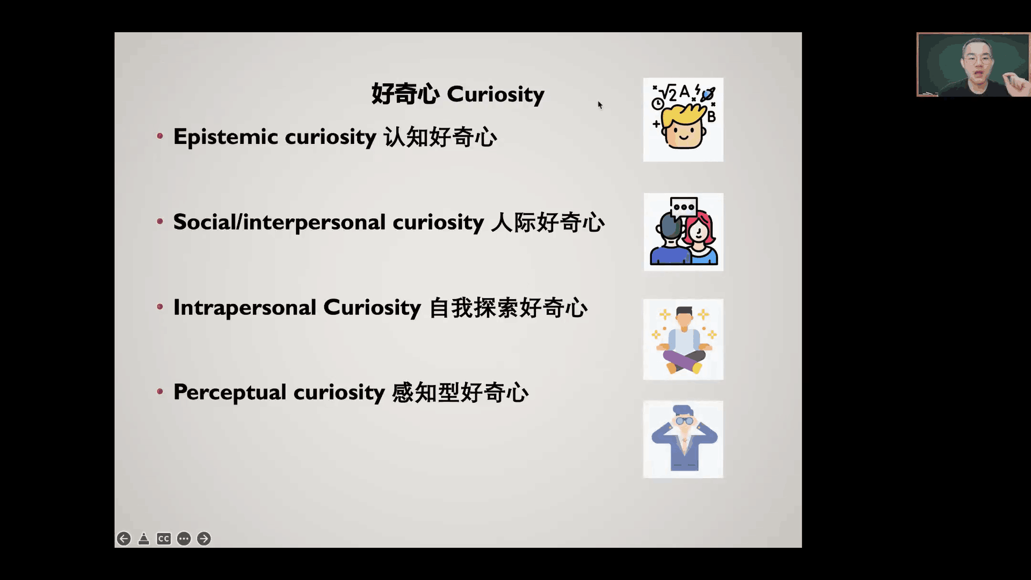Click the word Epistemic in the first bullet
click(226, 137)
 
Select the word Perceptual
click(230, 393)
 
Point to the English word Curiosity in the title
click(496, 95)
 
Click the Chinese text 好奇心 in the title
click(405, 94)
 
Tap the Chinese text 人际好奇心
click(548, 222)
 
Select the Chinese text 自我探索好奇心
click(509, 308)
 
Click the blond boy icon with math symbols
click(683, 120)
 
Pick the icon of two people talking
click(684, 232)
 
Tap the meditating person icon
click(683, 339)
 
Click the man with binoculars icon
click(683, 439)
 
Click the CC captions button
click(164, 539)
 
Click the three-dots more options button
click(184, 539)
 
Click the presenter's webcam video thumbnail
click(973, 65)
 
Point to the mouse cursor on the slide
click(600, 105)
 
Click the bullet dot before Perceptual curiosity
click(160, 392)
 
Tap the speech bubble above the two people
click(684, 207)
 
